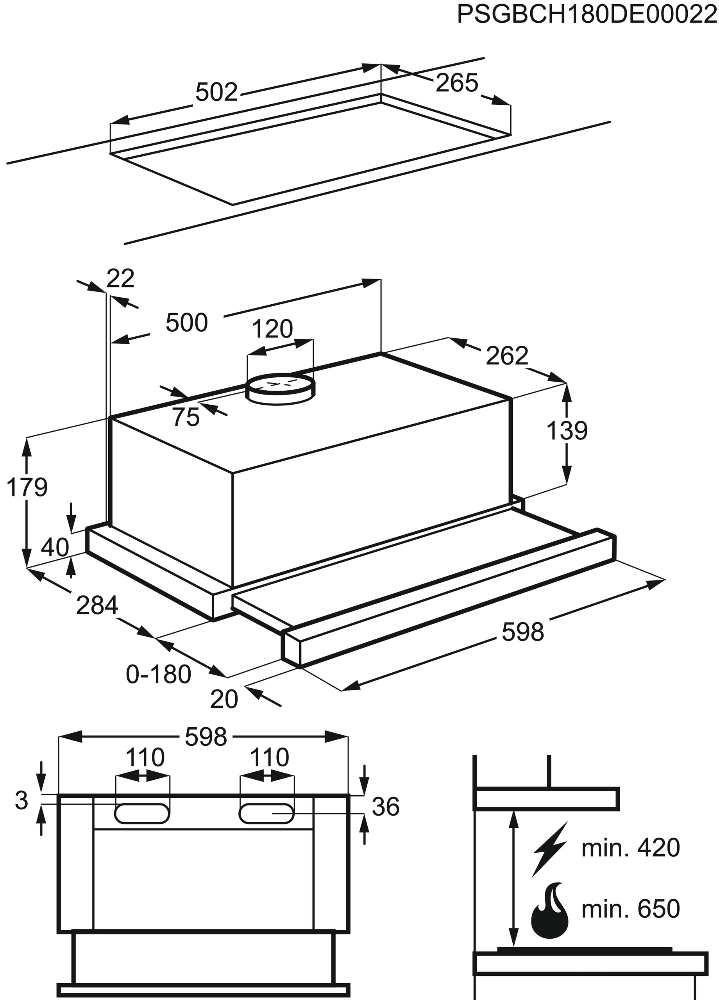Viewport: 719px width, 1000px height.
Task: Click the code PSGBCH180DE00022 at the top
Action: coord(587,14)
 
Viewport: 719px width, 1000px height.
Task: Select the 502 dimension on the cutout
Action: coord(216,92)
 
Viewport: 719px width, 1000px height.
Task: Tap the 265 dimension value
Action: coord(456,82)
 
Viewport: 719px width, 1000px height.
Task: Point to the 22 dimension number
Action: coord(120,279)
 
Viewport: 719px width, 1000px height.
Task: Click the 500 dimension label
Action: coord(186,323)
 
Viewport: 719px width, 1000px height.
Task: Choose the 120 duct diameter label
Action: coord(272,329)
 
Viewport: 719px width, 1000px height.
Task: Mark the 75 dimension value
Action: coord(186,417)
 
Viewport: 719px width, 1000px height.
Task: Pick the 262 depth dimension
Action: coord(507,356)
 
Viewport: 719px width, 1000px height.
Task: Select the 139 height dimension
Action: coord(567,431)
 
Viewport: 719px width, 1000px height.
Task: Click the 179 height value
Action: coord(27,487)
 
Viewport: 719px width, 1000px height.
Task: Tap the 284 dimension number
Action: coord(97,605)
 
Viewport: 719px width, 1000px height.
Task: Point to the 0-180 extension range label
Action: coord(158,674)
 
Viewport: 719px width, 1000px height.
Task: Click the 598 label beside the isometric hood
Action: coord(523,632)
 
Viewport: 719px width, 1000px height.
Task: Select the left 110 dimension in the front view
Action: coord(145,757)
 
